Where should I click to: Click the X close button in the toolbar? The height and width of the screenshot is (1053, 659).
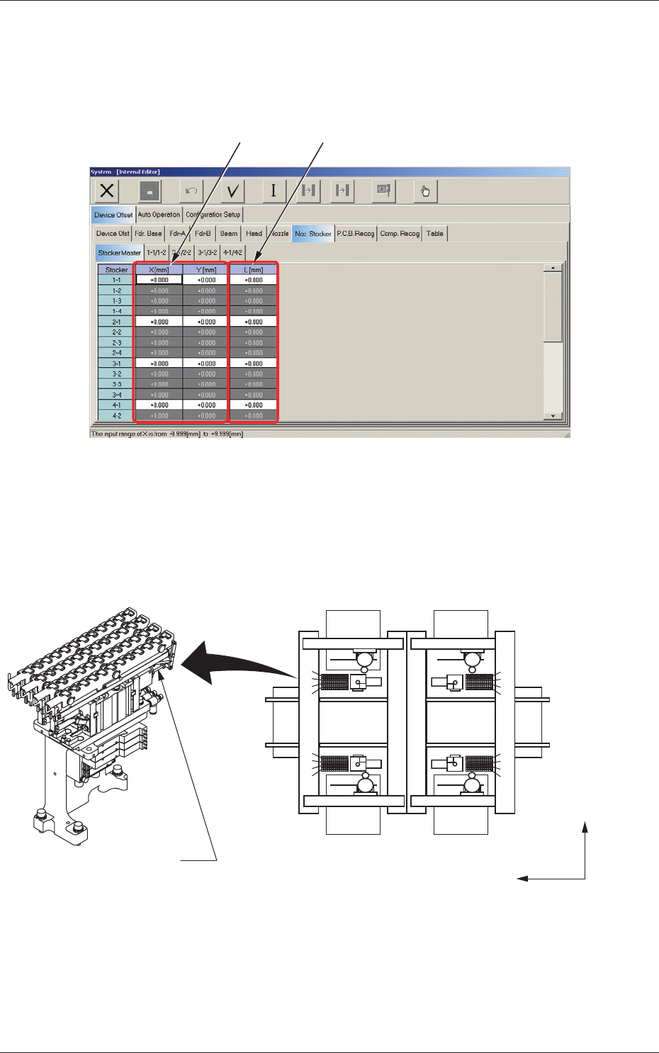pyautogui.click(x=107, y=191)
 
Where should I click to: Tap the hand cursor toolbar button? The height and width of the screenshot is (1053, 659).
pyautogui.click(x=425, y=191)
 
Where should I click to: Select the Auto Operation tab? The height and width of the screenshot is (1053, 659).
pyautogui.click(x=159, y=215)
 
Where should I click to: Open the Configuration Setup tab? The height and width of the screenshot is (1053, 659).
pyautogui.click(x=213, y=215)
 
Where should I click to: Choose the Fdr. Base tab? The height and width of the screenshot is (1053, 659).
pyautogui.click(x=148, y=234)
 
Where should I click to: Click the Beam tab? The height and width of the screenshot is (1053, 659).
pyautogui.click(x=229, y=234)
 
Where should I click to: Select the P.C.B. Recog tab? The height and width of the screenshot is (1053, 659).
pyautogui.click(x=355, y=234)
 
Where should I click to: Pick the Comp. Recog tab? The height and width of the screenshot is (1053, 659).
pyautogui.click(x=400, y=234)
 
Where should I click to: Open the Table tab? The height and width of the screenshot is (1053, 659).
pyautogui.click(x=434, y=234)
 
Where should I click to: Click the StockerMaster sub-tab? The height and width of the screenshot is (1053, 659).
pyautogui.click(x=119, y=253)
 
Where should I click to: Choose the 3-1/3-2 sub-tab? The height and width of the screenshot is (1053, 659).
pyautogui.click(x=207, y=253)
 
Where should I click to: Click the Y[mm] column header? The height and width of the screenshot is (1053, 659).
pyautogui.click(x=205, y=270)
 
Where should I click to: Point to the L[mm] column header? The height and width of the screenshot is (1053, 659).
pyautogui.click(x=254, y=270)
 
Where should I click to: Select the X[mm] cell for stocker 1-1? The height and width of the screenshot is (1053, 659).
pyautogui.click(x=159, y=280)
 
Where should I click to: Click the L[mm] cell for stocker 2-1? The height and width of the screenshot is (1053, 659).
pyautogui.click(x=254, y=322)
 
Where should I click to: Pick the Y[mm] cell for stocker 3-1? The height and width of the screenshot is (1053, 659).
pyautogui.click(x=205, y=364)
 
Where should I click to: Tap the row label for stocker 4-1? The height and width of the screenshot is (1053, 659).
pyautogui.click(x=116, y=405)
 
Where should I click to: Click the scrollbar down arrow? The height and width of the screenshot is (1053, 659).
pyautogui.click(x=552, y=416)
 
